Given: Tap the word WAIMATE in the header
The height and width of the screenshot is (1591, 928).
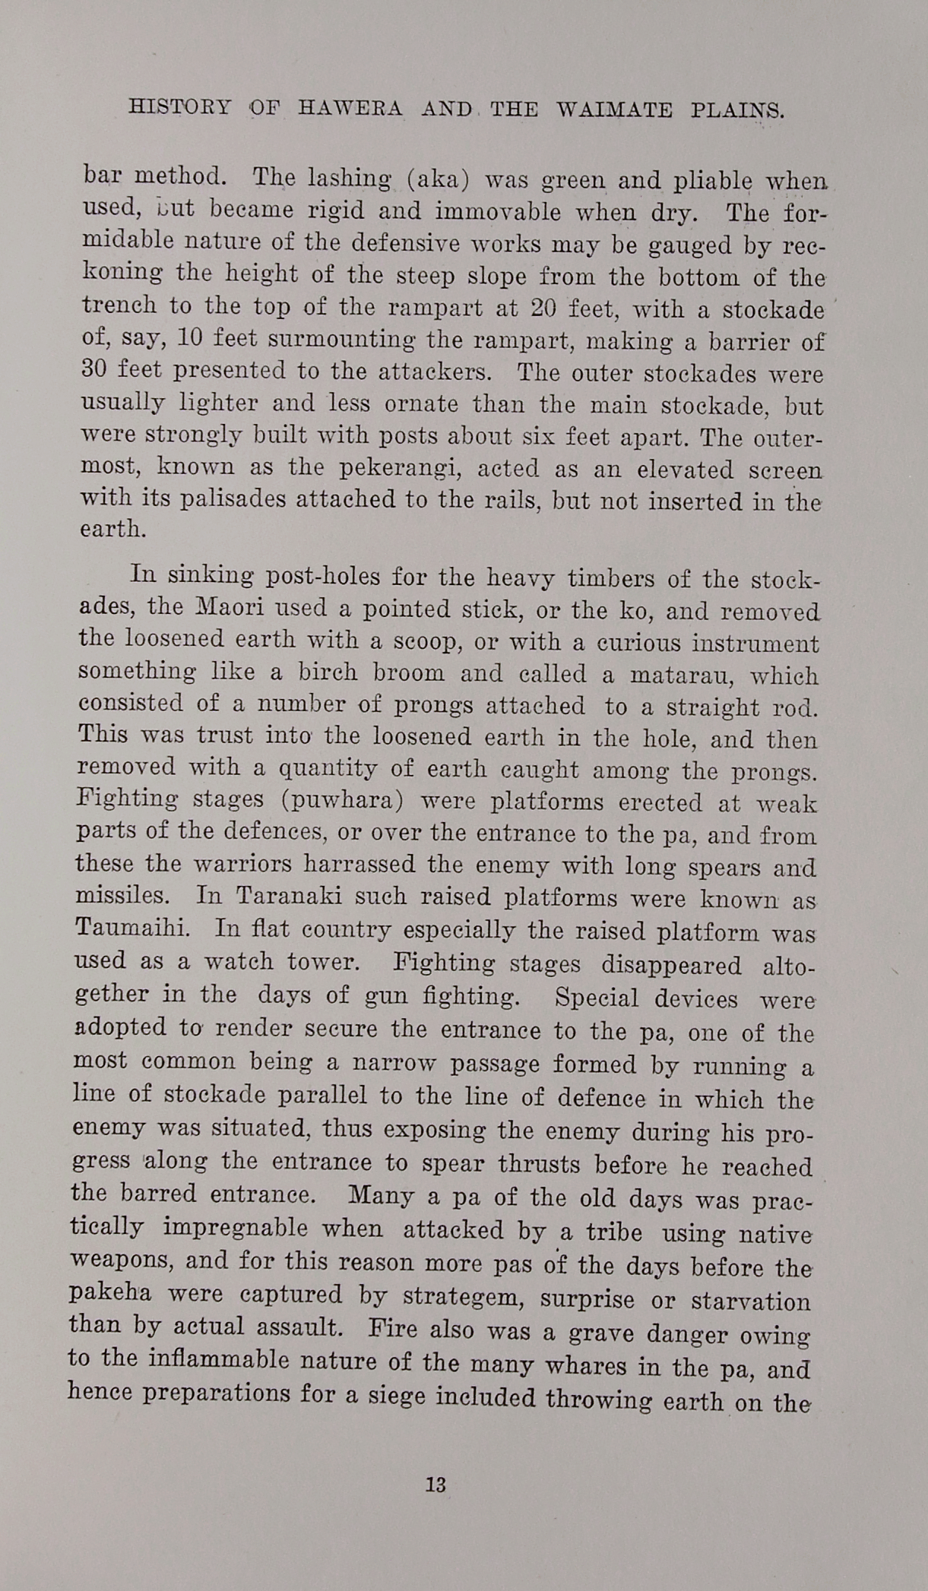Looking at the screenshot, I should [614, 110].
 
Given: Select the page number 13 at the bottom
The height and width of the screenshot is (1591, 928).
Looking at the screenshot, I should [436, 1485].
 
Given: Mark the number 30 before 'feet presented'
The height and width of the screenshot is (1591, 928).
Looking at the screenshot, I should [99, 370].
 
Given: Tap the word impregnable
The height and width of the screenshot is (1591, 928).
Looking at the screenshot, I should [236, 1229].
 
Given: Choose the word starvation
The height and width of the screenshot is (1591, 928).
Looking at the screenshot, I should [750, 1301].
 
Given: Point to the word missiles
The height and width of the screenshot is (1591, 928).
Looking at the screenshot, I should [122, 895].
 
